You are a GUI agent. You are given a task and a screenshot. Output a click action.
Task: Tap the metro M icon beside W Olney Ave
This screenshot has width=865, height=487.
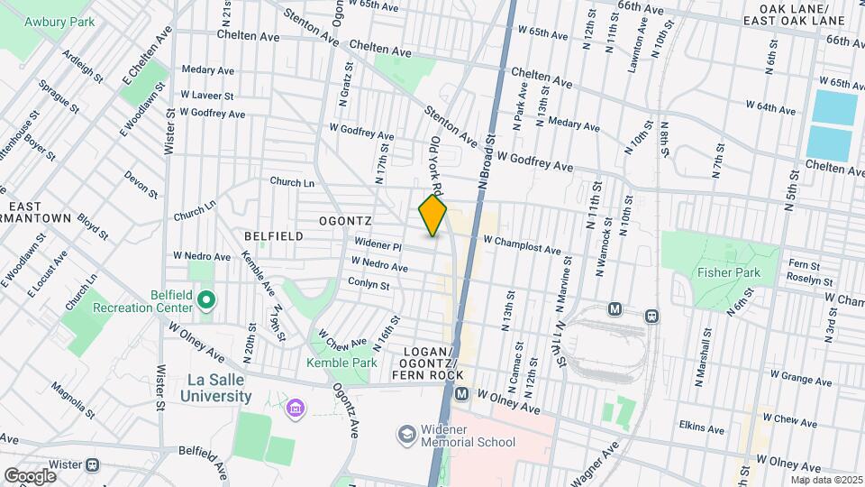pyautogui.click(x=461, y=394)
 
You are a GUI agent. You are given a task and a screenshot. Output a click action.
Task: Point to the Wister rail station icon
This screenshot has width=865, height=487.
pyautogui.click(x=92, y=465)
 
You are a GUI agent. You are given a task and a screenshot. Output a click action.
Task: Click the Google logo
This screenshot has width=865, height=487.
pyautogui.click(x=30, y=475)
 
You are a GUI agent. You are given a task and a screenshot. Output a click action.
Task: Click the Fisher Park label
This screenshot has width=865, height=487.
pyautogui.click(x=728, y=272)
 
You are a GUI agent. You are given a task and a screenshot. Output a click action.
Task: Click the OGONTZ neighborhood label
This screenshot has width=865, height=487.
pyautogui.click(x=344, y=220)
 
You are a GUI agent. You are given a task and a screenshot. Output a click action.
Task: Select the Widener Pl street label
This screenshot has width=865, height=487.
pyautogui.click(x=378, y=244)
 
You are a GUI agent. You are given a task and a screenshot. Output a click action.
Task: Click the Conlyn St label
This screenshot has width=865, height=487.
pyautogui.click(x=369, y=283)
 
